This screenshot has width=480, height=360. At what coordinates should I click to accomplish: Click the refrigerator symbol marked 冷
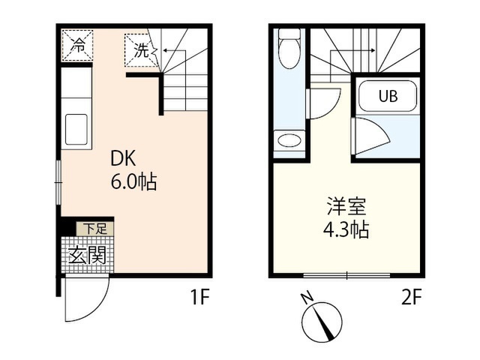tap(77, 45)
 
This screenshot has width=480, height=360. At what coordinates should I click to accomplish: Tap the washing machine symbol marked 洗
tap(142, 50)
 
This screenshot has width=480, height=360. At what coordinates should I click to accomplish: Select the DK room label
tap(123, 159)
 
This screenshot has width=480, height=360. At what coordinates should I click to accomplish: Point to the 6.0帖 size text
tap(133, 181)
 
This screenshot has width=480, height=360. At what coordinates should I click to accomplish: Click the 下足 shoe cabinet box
tap(95, 229)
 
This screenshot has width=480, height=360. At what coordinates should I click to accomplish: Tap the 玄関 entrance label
tap(87, 255)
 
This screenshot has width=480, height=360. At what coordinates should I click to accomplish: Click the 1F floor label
tap(200, 297)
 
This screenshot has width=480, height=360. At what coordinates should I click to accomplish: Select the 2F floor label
tap(412, 297)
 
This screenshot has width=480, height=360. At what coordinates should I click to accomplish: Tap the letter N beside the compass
tap(307, 298)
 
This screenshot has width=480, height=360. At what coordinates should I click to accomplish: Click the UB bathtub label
tap(388, 96)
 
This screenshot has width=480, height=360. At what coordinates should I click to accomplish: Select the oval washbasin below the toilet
tap(289, 141)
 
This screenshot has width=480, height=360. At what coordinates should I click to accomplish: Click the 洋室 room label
tap(346, 206)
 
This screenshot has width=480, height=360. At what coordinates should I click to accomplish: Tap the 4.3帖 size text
tap(346, 229)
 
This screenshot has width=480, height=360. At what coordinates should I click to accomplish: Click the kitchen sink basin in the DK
tap(76, 130)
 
